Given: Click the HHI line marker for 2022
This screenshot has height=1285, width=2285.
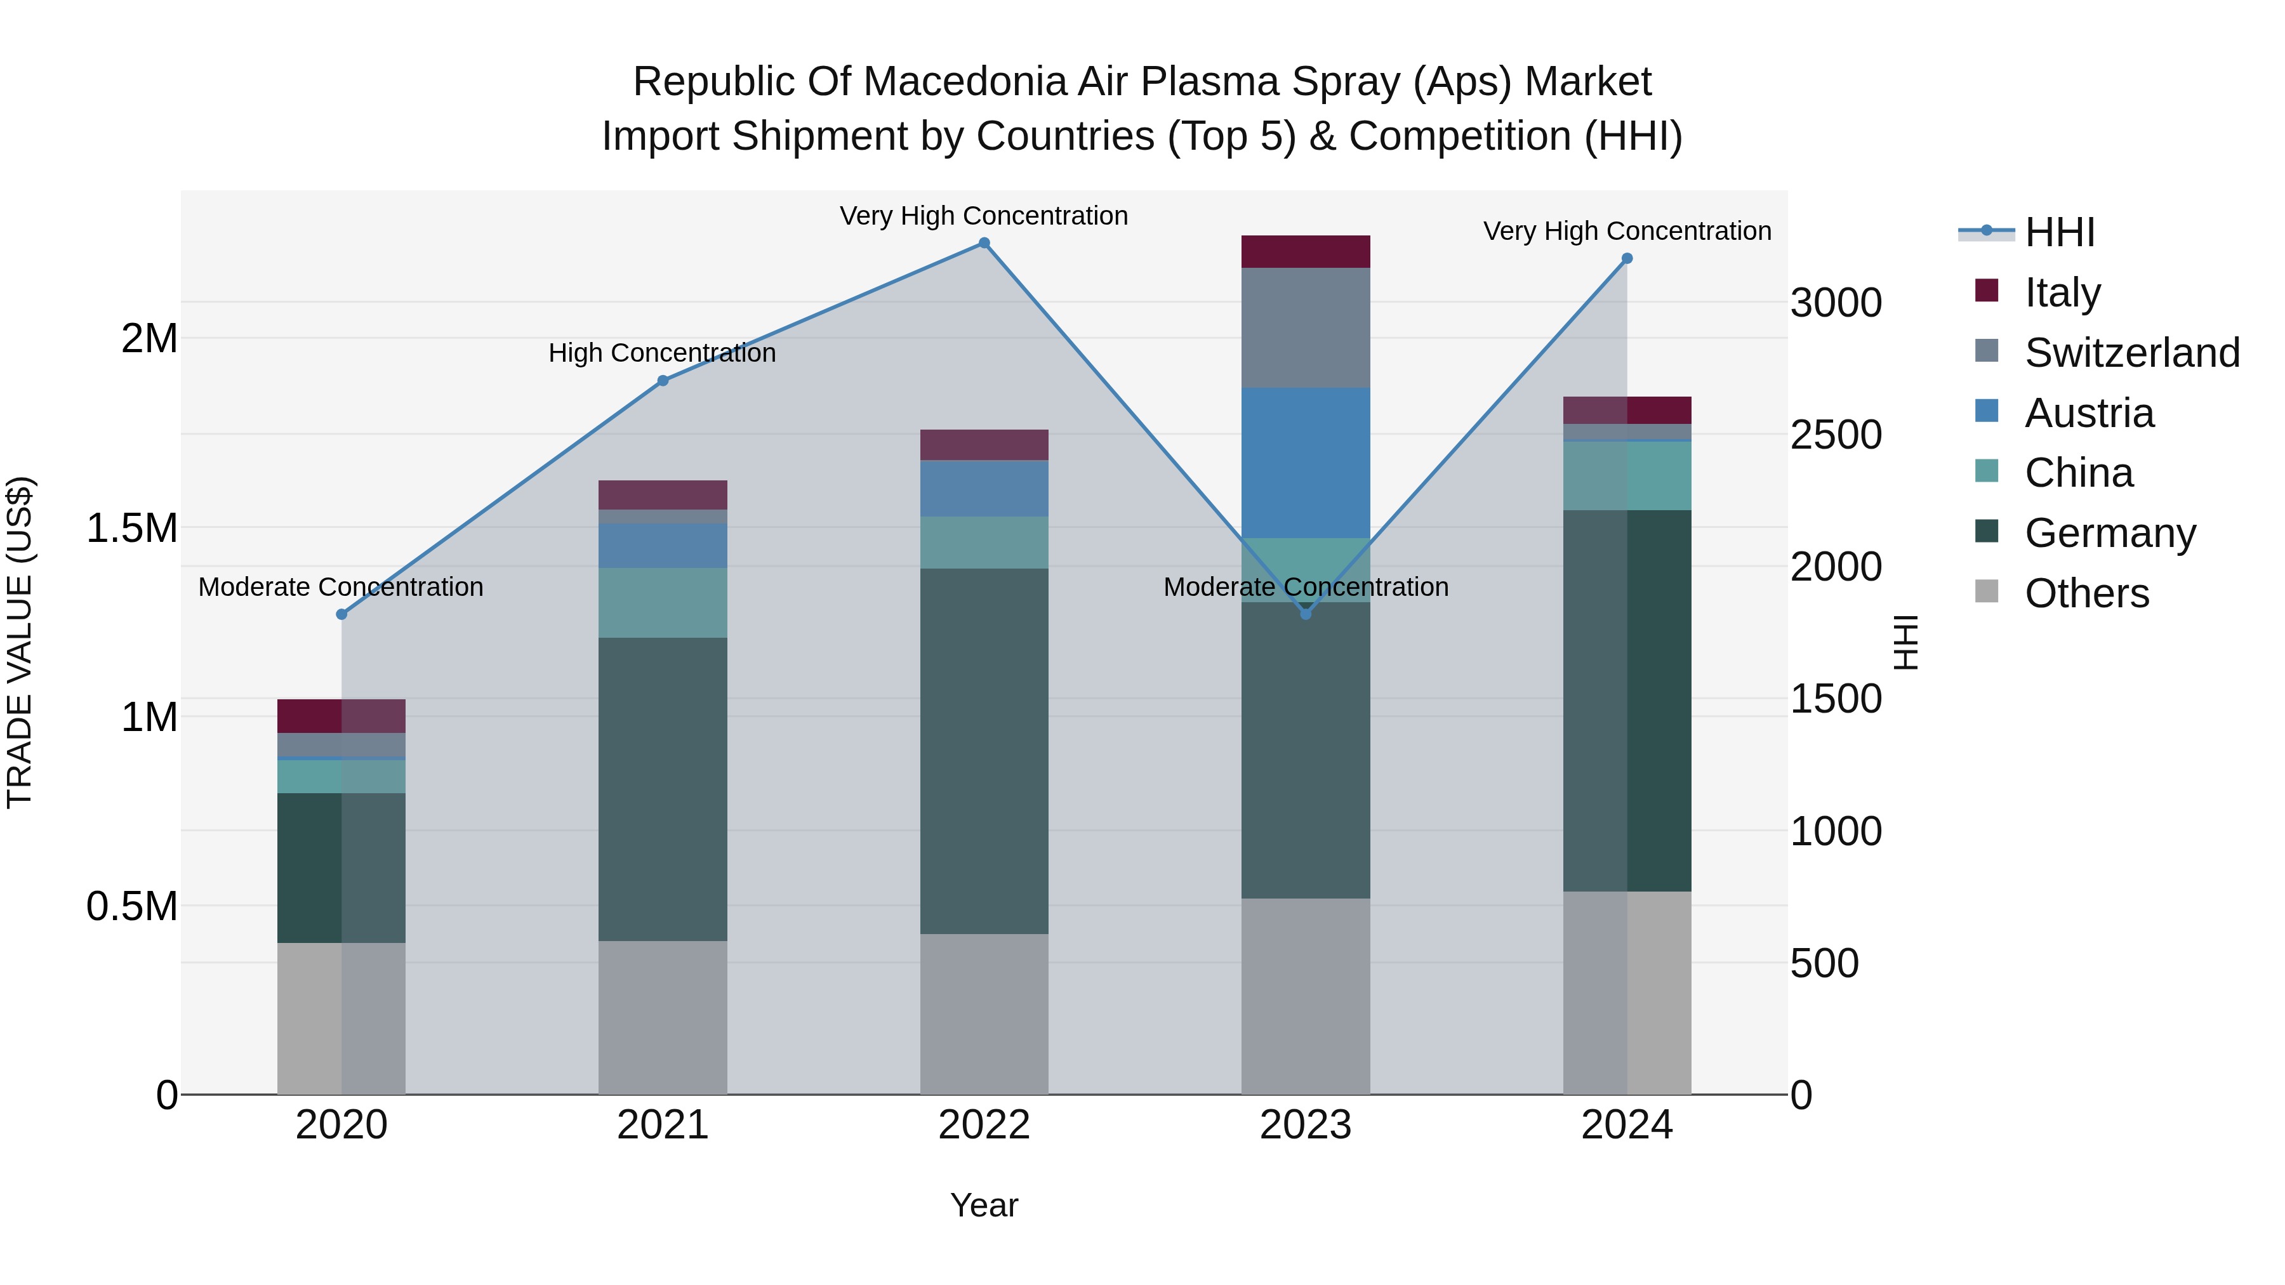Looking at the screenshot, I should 984,243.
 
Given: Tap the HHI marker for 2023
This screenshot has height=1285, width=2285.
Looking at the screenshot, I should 1305,614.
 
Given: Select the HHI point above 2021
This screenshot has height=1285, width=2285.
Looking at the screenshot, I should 663,381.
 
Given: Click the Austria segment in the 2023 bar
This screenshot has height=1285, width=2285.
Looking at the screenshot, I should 1305,462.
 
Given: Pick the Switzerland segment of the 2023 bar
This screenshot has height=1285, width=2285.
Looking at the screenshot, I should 1305,327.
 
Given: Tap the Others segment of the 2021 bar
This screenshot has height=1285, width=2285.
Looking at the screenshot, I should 663,1017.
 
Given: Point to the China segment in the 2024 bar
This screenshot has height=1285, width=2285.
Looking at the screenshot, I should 1627,475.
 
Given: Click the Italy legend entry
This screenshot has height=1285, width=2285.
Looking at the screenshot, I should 2062,293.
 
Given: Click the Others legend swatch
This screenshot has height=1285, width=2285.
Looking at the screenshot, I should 1987,591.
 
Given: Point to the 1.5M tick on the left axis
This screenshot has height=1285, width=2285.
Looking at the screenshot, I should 131,529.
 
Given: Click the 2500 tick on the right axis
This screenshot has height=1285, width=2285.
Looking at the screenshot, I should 1835,435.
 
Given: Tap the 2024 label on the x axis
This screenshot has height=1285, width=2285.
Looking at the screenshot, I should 1627,1125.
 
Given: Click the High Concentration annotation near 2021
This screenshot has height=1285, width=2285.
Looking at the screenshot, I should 662,353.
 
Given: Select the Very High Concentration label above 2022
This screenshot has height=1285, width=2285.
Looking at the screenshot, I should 984,216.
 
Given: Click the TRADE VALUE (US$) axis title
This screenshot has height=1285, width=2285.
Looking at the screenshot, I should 20,642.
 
